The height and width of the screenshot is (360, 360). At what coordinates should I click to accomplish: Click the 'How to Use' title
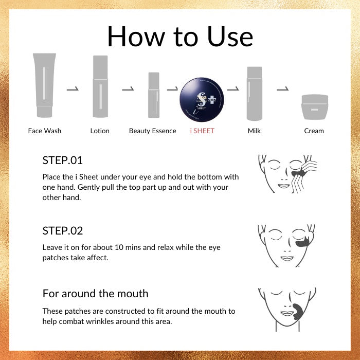click(x=180, y=37)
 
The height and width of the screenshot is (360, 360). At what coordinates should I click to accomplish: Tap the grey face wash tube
click(x=44, y=85)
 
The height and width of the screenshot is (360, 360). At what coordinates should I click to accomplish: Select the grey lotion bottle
click(x=100, y=86)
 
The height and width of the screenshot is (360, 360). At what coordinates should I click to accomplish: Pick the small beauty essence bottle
click(x=154, y=95)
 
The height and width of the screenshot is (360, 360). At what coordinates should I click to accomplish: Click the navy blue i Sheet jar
click(x=202, y=99)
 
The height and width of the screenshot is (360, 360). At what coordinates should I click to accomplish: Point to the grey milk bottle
click(x=255, y=94)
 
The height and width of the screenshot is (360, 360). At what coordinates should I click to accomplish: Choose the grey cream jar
click(x=315, y=107)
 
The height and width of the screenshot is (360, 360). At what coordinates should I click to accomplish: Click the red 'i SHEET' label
click(x=202, y=131)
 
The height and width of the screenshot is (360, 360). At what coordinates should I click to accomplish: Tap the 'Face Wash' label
click(x=45, y=131)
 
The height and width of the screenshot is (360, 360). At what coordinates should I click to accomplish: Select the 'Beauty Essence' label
click(x=152, y=131)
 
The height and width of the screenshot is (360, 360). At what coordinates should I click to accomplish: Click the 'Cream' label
click(x=314, y=131)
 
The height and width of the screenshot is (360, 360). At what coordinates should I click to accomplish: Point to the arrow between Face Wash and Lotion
click(x=73, y=89)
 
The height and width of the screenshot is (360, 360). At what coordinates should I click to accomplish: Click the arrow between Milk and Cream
click(x=283, y=89)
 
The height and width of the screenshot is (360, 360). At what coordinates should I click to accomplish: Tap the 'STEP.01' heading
click(x=62, y=160)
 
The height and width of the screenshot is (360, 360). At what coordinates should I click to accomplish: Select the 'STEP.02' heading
click(x=62, y=231)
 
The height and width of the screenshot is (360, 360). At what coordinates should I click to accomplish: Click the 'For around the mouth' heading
click(x=95, y=294)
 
